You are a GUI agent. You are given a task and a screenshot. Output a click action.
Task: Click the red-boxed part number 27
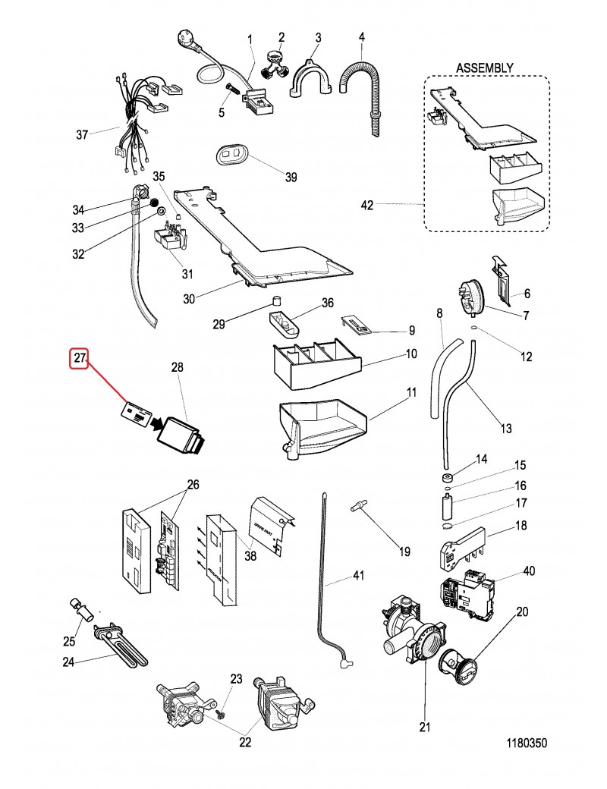click(80, 358)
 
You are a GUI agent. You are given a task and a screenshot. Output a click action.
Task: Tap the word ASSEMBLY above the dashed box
click(484, 68)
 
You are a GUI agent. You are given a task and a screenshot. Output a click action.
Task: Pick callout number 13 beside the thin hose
click(505, 429)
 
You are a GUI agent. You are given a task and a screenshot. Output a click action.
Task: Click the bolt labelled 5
click(232, 96)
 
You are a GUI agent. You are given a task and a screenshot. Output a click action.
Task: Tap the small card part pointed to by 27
click(137, 413)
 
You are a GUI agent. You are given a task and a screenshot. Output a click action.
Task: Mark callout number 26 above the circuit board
click(193, 484)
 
